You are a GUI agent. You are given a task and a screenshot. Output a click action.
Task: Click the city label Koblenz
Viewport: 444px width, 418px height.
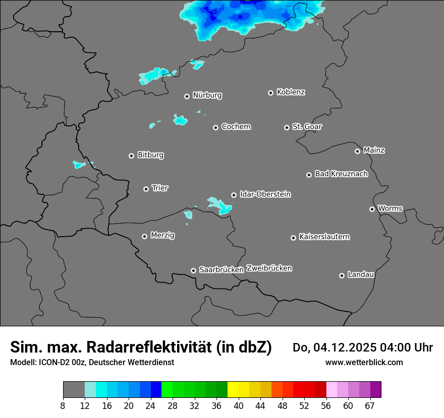(291, 92)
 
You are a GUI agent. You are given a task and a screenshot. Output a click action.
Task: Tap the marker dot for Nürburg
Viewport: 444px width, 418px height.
(187, 96)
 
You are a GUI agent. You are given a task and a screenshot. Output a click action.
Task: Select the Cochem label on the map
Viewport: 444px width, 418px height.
(236, 127)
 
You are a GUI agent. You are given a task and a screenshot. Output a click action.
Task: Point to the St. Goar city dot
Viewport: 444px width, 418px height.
(287, 128)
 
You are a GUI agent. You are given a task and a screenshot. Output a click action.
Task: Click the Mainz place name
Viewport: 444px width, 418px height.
(374, 150)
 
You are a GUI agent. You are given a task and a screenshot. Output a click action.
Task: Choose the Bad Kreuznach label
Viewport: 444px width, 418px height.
(341, 174)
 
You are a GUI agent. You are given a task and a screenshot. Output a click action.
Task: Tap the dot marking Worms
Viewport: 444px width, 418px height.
(372, 209)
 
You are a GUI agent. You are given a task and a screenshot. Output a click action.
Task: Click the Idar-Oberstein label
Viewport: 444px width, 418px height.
(265, 194)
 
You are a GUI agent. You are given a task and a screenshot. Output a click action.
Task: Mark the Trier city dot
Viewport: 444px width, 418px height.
(146, 189)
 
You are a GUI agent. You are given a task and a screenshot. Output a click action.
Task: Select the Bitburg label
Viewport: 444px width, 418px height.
(150, 155)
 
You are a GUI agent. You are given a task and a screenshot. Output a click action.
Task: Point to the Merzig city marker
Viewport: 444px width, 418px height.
(144, 236)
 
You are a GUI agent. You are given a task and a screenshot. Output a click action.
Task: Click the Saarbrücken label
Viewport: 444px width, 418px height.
(221, 270)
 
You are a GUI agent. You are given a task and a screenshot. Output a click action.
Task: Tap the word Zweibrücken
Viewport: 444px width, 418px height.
(269, 268)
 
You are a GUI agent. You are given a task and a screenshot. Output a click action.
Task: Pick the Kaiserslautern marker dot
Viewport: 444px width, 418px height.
(293, 238)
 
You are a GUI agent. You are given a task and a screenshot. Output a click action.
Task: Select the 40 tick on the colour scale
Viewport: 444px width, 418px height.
(239, 406)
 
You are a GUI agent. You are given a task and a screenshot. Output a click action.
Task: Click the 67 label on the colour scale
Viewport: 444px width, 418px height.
(370, 406)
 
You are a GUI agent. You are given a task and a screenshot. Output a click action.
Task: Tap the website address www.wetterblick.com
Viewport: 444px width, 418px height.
(364, 362)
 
